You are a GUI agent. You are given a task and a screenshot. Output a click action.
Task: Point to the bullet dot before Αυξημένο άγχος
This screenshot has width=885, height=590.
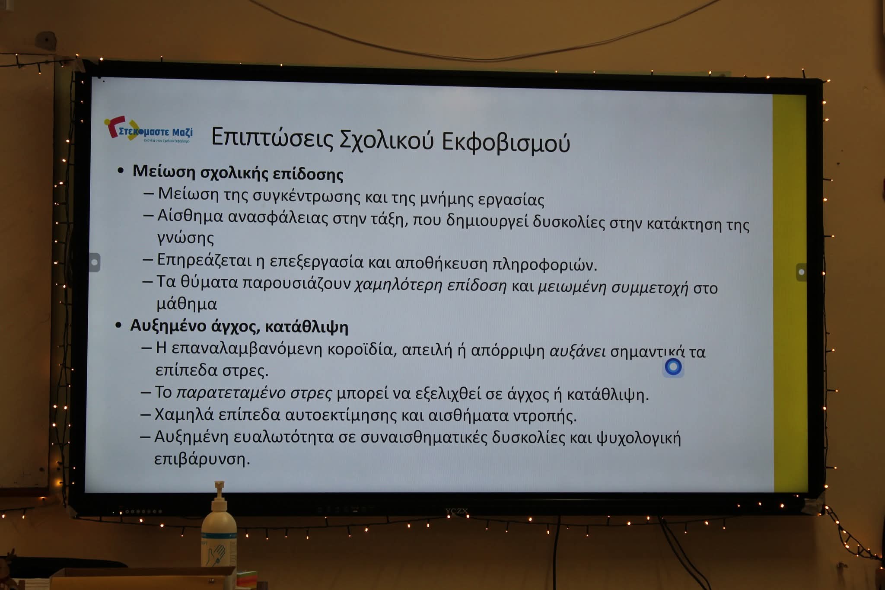click(118, 325)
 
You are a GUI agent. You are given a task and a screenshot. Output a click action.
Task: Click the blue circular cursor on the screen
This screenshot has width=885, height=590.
click(673, 367)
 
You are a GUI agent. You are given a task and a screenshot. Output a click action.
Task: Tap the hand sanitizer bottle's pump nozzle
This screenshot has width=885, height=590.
click(219, 486)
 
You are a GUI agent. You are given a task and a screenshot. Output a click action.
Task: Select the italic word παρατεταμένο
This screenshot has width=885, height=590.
click(231, 393)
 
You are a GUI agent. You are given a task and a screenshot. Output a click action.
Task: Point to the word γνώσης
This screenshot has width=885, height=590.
click(185, 238)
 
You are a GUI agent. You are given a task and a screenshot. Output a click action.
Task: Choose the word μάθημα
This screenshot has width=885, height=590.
click(187, 304)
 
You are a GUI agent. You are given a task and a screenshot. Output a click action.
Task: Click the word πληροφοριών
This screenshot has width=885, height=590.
click(545, 265)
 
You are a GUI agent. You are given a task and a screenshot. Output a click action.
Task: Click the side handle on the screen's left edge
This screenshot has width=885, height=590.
click(95, 262)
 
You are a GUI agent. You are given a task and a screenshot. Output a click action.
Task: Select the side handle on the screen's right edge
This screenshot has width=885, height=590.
click(801, 272)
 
